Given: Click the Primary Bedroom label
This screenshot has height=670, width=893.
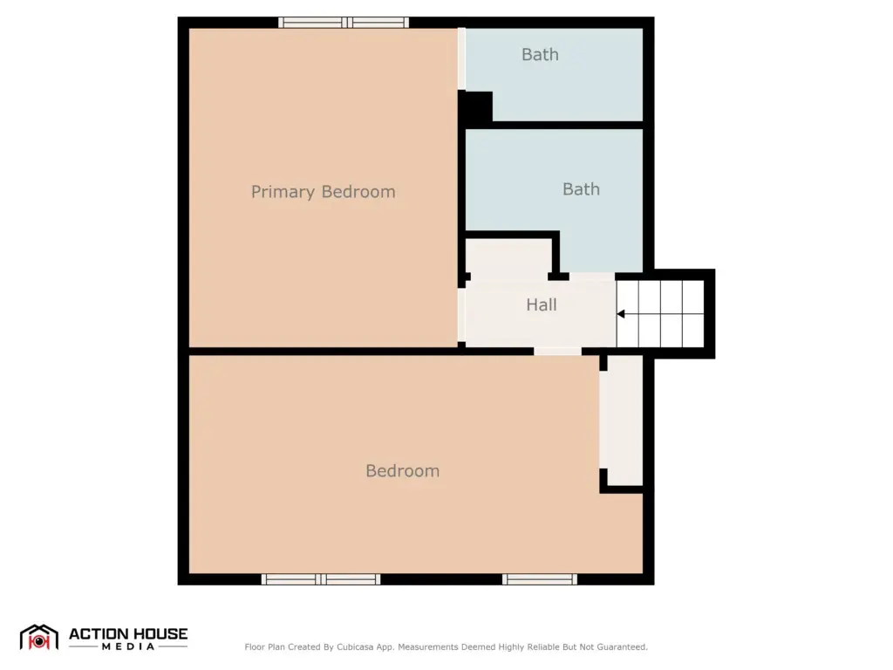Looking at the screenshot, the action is click(x=323, y=192).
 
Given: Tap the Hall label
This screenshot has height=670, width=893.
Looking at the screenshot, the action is click(x=541, y=304).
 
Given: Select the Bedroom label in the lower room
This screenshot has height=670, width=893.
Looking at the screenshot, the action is click(x=402, y=471).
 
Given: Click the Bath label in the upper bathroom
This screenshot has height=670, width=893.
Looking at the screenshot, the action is click(x=540, y=55).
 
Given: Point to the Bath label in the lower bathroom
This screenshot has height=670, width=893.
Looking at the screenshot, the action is click(x=581, y=189).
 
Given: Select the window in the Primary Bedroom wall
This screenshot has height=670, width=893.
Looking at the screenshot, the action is click(x=344, y=23).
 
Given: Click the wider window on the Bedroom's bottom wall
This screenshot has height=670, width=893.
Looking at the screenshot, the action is click(x=321, y=579).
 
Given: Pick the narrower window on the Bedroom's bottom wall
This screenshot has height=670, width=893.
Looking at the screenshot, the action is click(x=539, y=579).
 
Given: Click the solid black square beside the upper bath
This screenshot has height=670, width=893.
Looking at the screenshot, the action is click(x=475, y=106).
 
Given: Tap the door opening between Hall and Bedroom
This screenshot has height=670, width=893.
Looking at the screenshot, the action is click(x=557, y=352).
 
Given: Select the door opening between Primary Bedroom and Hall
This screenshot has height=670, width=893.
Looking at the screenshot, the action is click(x=462, y=315).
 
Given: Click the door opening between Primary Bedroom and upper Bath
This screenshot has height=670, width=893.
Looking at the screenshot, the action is click(x=462, y=59).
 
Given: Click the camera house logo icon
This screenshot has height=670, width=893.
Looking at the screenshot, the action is click(x=38, y=638).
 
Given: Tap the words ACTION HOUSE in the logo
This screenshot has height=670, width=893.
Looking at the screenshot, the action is click(x=128, y=634).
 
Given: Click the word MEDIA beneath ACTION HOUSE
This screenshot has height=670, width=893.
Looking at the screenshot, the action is click(x=128, y=646).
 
